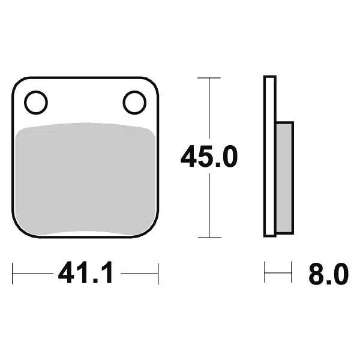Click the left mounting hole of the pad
click(x=36, y=102)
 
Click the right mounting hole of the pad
click(x=134, y=102)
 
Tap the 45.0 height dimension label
click(x=209, y=157)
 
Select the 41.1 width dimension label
click(x=86, y=275)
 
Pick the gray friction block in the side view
click(x=284, y=177)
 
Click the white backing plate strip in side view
click(x=270, y=156)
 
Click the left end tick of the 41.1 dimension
click(x=14, y=274)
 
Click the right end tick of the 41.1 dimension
click(x=158, y=274)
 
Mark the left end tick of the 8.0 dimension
click(x=265, y=274)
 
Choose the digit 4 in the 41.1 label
click(x=66, y=275)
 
